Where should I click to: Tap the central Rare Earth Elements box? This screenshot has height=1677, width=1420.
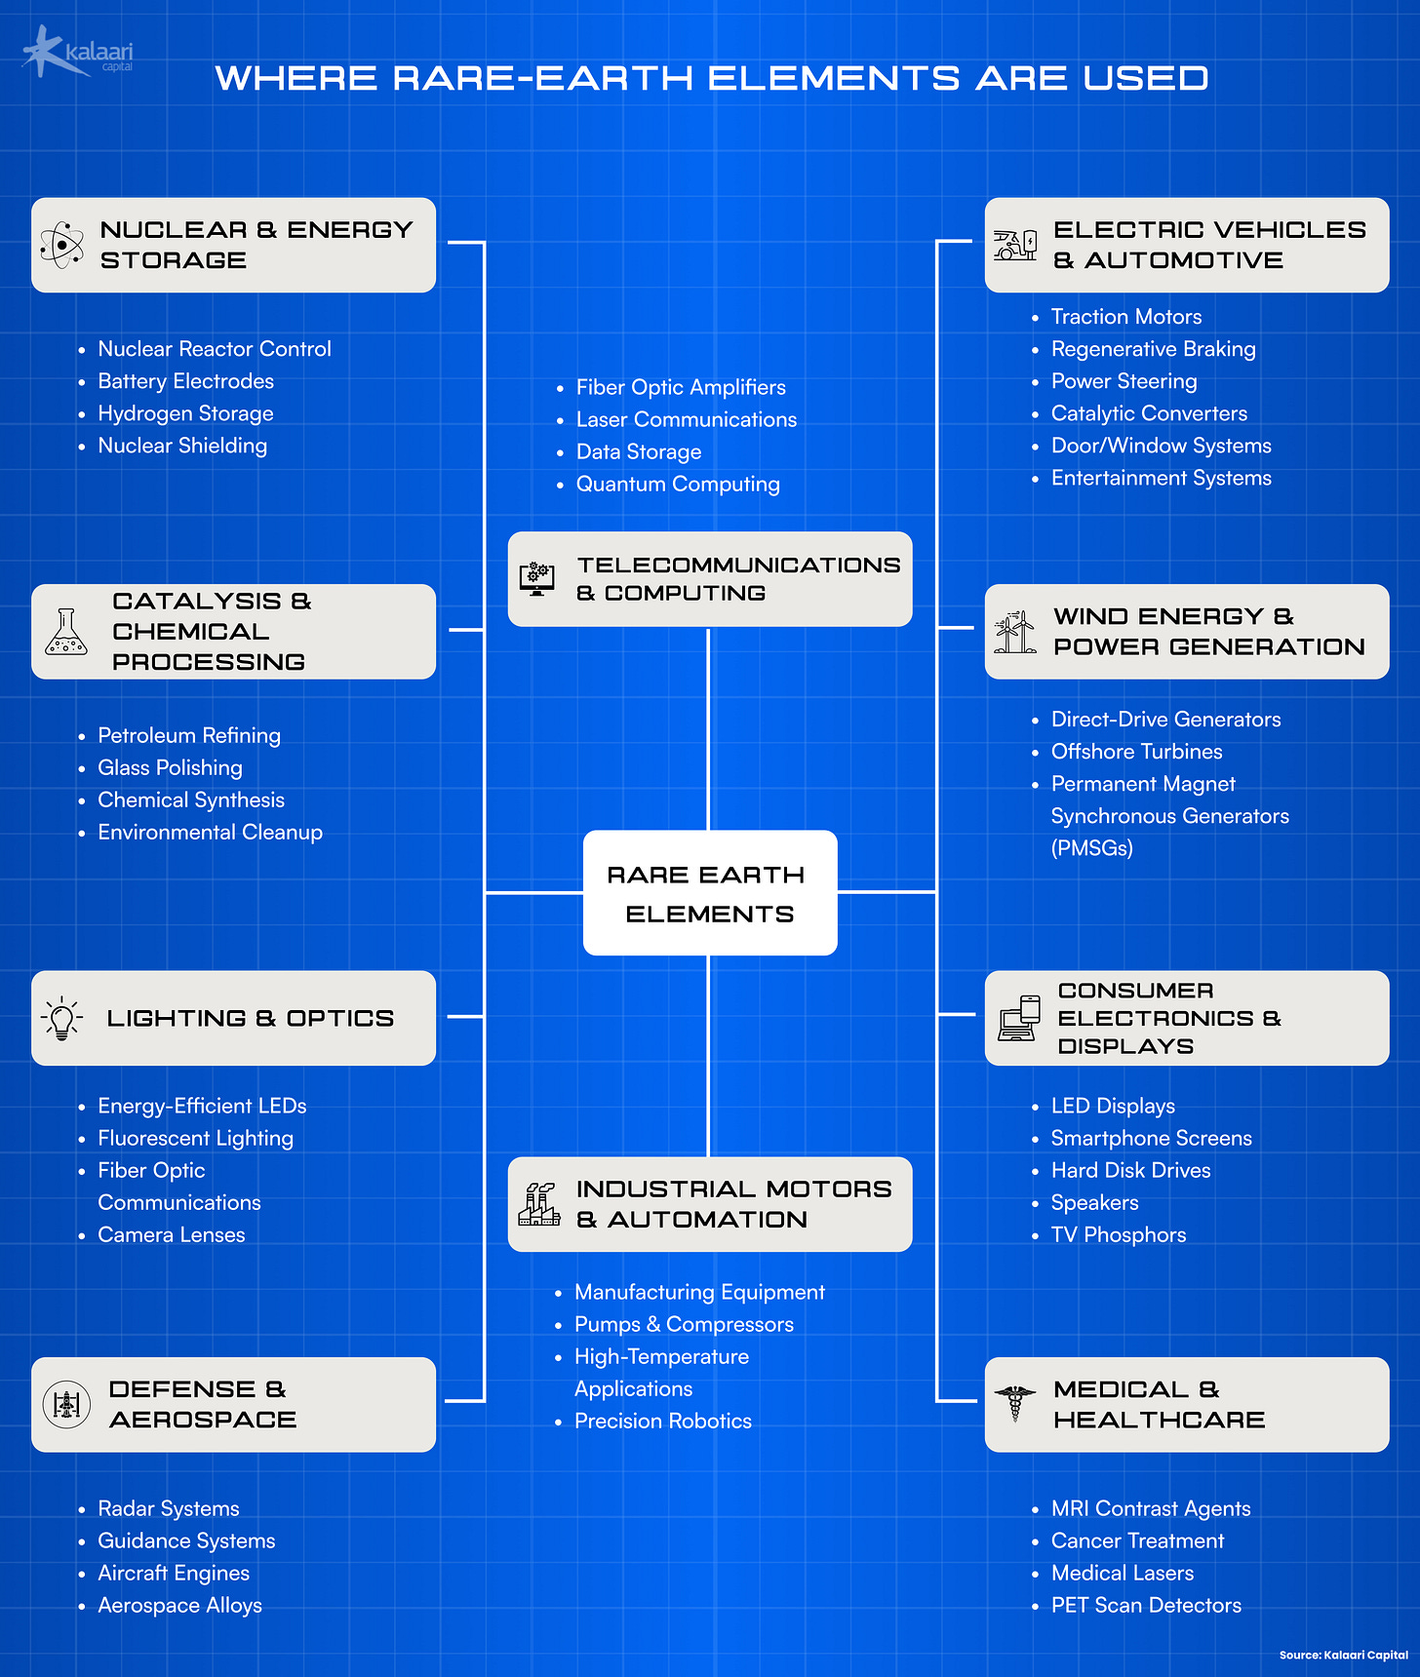(x=709, y=892)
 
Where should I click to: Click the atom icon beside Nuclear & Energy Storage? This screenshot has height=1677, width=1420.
(x=62, y=244)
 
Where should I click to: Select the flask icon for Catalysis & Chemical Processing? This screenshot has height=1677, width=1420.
(x=66, y=632)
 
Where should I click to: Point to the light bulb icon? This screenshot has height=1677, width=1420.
(x=62, y=1018)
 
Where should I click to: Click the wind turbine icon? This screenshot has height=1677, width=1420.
(x=1015, y=632)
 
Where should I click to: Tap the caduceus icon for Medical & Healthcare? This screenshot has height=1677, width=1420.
(x=1015, y=1404)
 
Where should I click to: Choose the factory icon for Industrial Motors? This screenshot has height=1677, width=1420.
(x=539, y=1204)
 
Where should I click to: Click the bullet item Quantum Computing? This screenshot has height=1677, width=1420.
(x=678, y=484)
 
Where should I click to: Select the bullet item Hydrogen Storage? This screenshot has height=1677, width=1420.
(x=185, y=413)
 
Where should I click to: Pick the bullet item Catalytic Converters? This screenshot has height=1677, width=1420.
(x=1149, y=413)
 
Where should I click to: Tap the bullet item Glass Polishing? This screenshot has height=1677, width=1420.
(x=170, y=767)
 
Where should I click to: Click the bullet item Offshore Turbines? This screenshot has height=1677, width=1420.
(x=1136, y=752)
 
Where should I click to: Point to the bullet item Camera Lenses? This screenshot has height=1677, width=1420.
(x=172, y=1234)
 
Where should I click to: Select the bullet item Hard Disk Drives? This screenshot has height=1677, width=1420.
(x=1130, y=1170)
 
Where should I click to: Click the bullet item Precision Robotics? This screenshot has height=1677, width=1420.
(x=663, y=1421)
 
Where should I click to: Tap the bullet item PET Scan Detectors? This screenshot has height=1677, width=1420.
(x=1146, y=1605)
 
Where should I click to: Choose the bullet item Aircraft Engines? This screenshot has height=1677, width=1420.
(x=174, y=1573)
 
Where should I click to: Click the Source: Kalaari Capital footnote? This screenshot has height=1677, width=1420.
(x=1343, y=1655)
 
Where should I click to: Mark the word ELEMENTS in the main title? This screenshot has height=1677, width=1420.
(x=834, y=78)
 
